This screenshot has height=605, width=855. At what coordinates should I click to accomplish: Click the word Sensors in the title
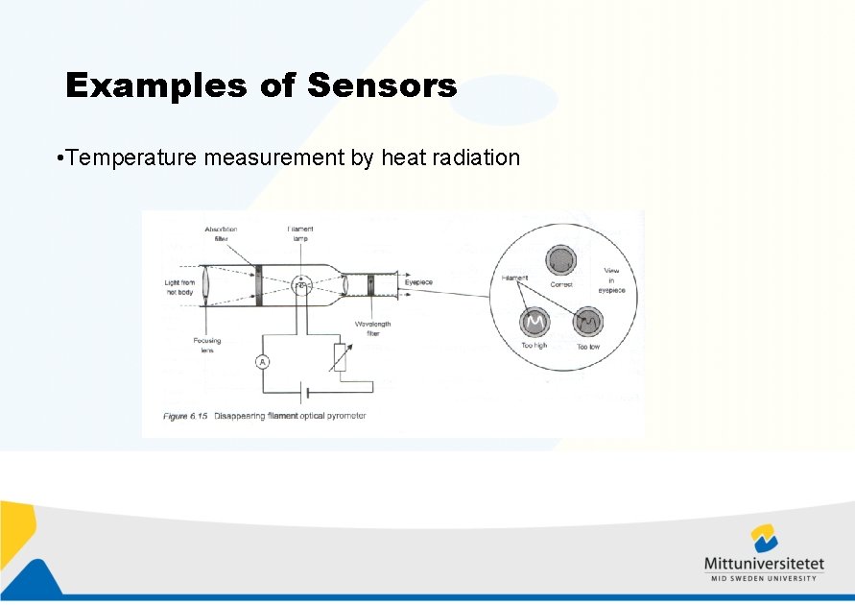click(x=382, y=86)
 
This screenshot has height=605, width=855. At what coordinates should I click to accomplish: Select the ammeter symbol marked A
click(x=262, y=361)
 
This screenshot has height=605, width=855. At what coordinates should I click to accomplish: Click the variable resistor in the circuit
click(x=340, y=357)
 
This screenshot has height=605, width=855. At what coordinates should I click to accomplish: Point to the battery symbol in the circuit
click(x=304, y=392)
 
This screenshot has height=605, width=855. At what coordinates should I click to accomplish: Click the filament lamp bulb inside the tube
click(x=301, y=285)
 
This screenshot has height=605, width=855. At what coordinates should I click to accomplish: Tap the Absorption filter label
click(x=221, y=233)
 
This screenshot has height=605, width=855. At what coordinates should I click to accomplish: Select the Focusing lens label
click(x=206, y=345)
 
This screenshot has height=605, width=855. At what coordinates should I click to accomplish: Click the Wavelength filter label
click(x=372, y=328)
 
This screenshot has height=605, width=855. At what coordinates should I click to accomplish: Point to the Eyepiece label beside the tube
click(x=418, y=282)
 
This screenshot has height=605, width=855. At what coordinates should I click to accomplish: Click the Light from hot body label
click(x=179, y=286)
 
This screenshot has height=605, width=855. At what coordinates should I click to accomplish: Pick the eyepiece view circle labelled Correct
click(x=560, y=260)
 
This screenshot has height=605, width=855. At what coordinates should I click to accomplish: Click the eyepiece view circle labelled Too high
click(x=534, y=320)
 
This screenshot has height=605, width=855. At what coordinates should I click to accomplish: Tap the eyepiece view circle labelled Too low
click(x=587, y=321)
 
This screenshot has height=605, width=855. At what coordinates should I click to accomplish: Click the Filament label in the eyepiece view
click(x=514, y=278)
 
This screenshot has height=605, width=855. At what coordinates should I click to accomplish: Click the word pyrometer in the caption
click(x=343, y=416)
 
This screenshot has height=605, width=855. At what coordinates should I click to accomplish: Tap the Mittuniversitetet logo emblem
click(x=764, y=539)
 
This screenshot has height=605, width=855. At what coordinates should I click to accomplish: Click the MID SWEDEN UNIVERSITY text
click(x=764, y=578)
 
